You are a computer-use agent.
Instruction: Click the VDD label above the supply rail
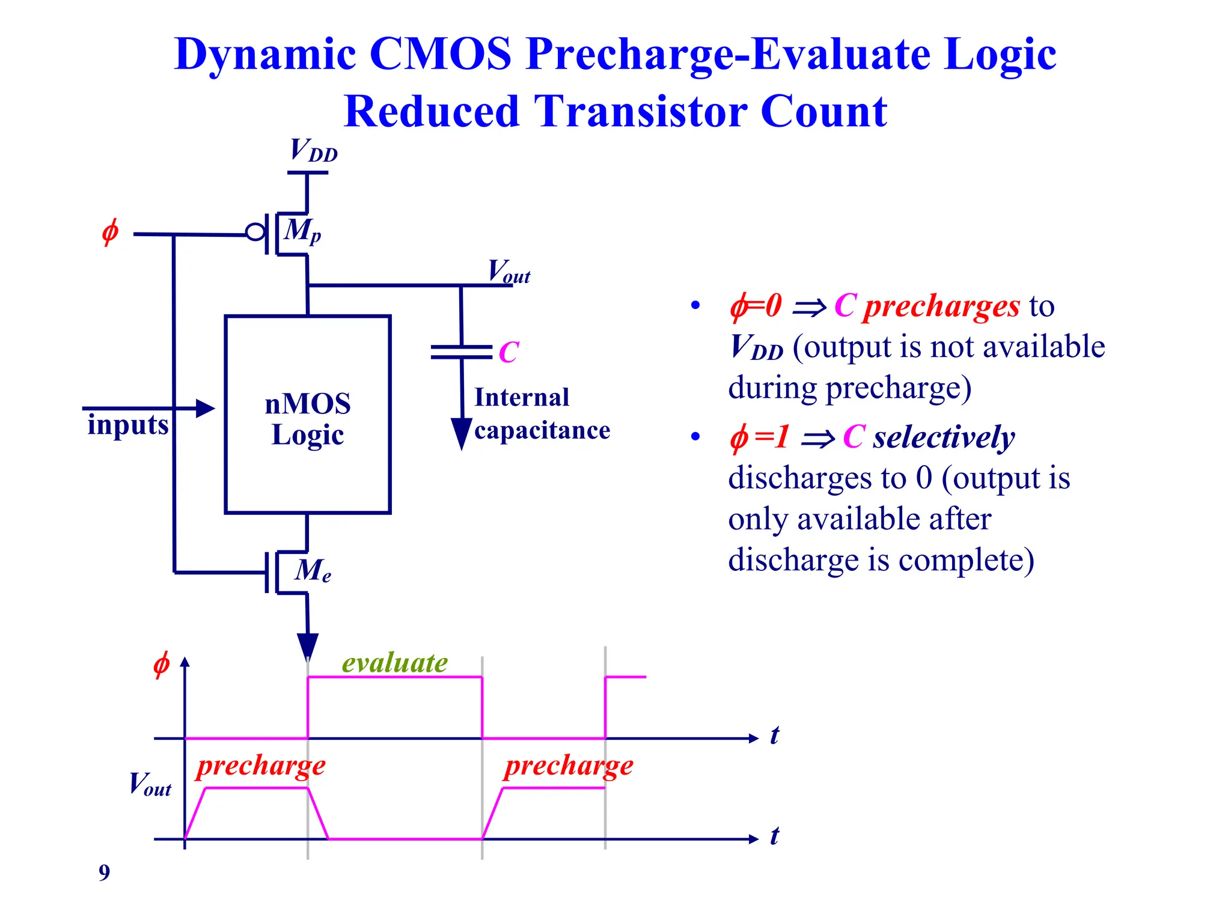313,150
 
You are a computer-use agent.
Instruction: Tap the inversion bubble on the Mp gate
255,233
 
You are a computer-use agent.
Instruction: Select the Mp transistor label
302,231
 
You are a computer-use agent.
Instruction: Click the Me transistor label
313,570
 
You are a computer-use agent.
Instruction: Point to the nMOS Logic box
308,415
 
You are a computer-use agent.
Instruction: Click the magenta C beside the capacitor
509,352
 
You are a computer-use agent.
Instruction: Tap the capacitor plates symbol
462,352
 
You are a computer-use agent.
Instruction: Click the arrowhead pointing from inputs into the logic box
205,409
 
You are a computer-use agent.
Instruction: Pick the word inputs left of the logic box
127,425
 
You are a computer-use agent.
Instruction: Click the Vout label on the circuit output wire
509,272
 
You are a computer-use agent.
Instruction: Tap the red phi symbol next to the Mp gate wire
110,233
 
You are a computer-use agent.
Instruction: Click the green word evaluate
395,662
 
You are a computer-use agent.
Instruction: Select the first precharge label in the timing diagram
261,766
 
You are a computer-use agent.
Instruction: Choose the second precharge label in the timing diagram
569,766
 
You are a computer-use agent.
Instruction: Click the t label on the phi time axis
774,735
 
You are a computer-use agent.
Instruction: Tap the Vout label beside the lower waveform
150,784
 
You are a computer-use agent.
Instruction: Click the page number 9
105,873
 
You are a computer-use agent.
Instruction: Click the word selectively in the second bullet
944,437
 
